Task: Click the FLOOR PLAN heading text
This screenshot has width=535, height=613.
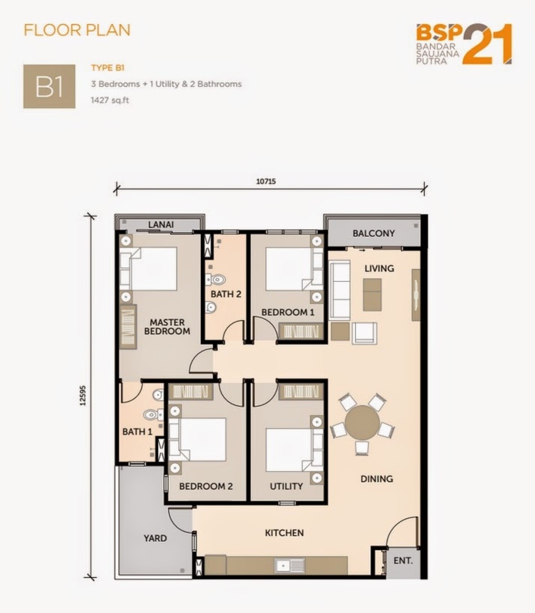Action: tap(77, 29)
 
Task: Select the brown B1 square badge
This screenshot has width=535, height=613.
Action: tap(49, 86)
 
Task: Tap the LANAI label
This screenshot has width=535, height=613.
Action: tap(161, 225)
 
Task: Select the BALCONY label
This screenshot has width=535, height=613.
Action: tap(373, 234)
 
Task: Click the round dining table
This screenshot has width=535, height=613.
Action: tap(362, 422)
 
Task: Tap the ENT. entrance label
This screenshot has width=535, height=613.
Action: tap(403, 560)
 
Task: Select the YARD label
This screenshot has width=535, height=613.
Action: tap(155, 538)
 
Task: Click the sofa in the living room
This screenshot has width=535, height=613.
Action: tap(339, 290)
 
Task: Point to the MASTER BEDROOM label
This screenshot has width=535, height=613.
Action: tap(167, 326)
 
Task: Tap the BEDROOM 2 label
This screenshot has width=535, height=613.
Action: tap(206, 487)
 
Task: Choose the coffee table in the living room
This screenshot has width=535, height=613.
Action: tap(372, 294)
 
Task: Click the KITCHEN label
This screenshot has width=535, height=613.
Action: tap(284, 533)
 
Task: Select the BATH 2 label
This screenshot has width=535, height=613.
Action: tap(226, 294)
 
